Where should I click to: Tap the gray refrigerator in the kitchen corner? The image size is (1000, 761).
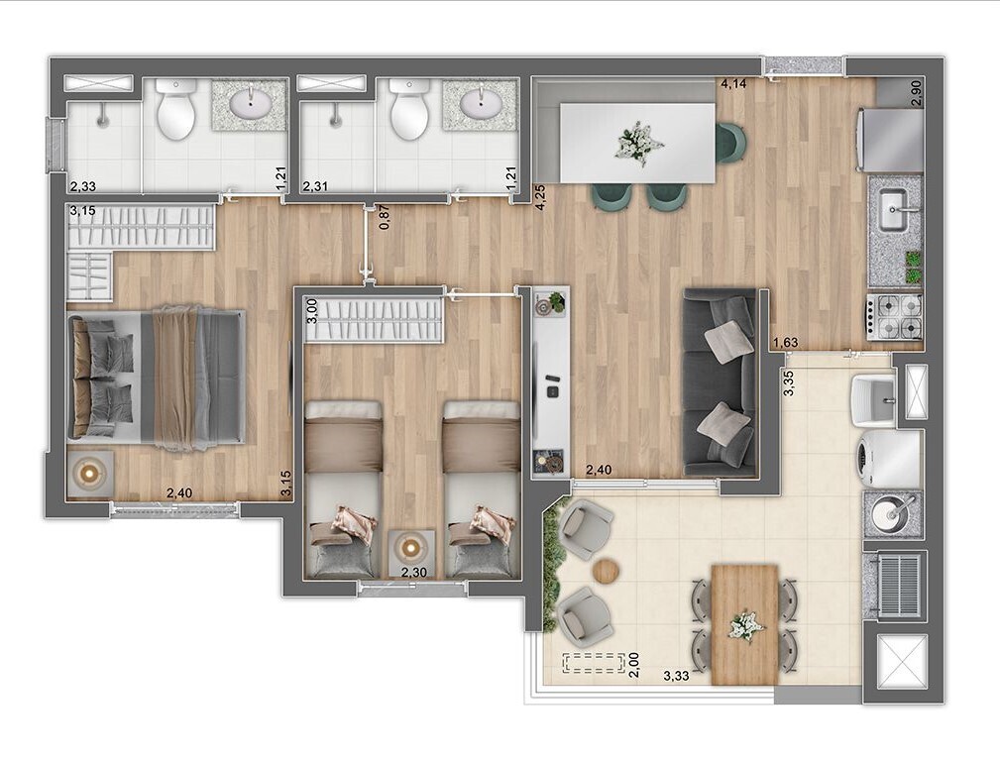tap(891, 141)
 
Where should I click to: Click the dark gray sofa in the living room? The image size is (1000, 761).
tap(721, 383)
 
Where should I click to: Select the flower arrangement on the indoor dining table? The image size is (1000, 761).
tap(637, 143)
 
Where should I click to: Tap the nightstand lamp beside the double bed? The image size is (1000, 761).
tap(90, 473)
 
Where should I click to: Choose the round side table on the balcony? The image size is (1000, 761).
tap(607, 571)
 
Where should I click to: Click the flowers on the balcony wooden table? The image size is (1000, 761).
tap(745, 625)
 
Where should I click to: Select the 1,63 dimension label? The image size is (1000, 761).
tap(786, 344)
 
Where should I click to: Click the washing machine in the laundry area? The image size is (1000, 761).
tap(890, 459)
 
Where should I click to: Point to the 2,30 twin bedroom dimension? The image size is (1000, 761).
tap(413, 572)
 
